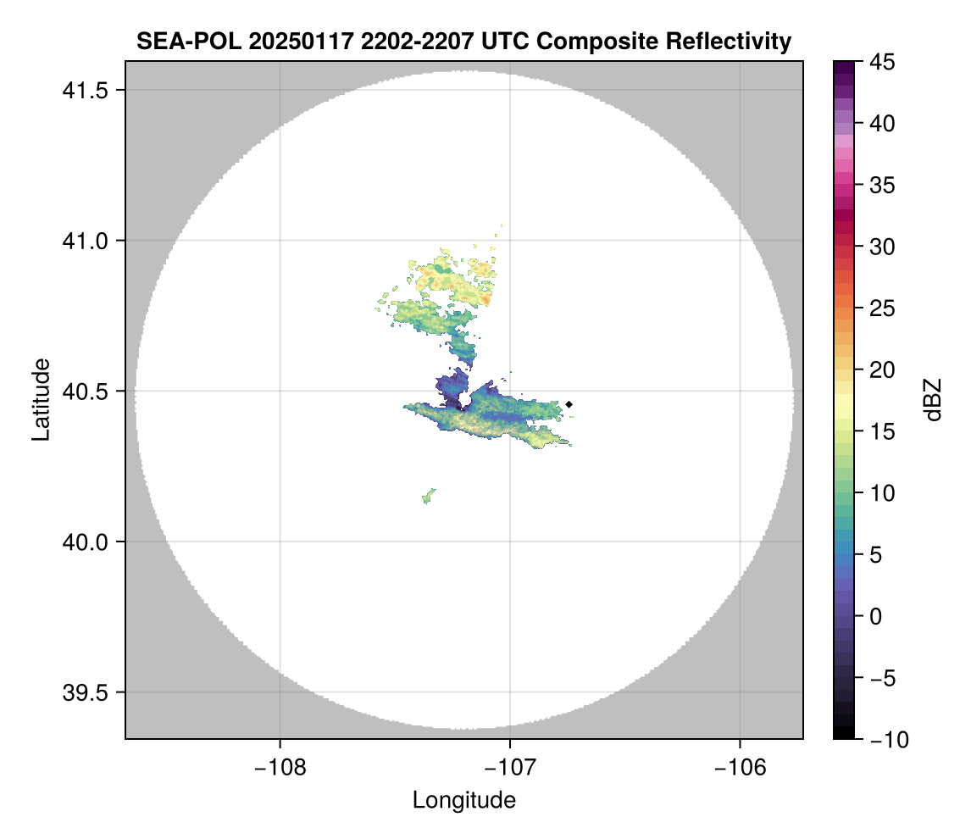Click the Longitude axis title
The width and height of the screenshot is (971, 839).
point(463,800)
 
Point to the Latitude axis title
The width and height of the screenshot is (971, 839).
point(41,399)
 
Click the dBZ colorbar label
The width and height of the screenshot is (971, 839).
point(933,399)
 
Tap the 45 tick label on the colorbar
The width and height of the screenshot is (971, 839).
point(882,62)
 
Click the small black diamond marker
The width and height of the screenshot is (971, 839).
point(569,404)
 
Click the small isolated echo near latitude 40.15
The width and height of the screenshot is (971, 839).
point(429,496)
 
